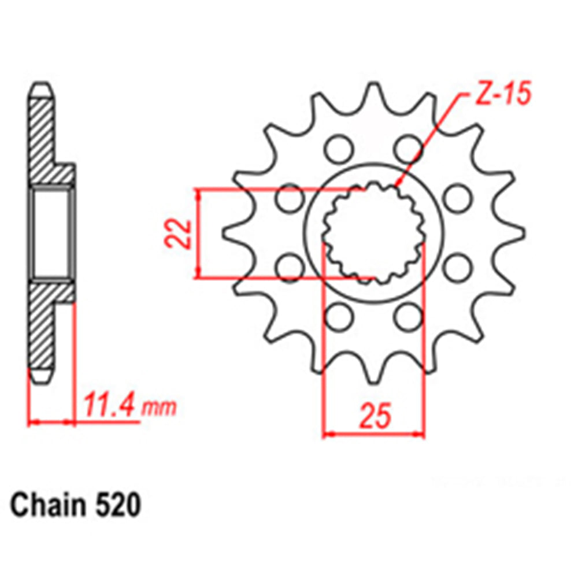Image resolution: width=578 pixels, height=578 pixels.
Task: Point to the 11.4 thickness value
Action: tap(110, 405)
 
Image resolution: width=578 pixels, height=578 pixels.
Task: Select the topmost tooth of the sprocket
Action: tap(373, 95)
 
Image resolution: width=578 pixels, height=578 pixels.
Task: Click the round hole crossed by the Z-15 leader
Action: tap(408, 149)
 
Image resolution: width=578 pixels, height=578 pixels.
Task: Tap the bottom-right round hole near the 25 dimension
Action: tap(408, 315)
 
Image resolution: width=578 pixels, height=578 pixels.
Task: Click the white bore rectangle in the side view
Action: tap(52, 234)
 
